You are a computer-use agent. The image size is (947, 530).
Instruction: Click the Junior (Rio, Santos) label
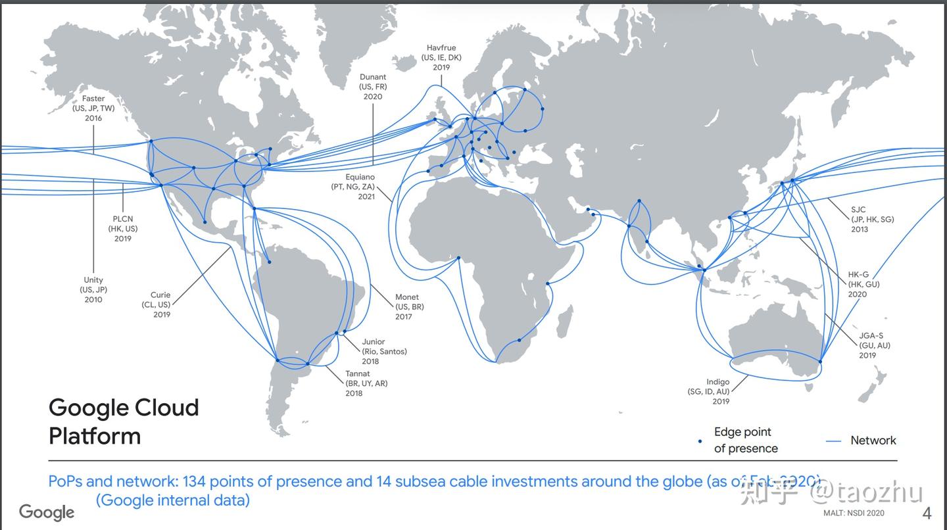point(384,351)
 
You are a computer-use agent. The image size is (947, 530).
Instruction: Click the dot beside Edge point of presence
point(700,441)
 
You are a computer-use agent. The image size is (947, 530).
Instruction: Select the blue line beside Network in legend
point(833,441)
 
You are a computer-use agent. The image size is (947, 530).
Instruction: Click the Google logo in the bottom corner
point(47,512)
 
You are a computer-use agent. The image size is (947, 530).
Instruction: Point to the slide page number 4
point(927,513)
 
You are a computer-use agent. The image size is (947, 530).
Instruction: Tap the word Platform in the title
point(95,436)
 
